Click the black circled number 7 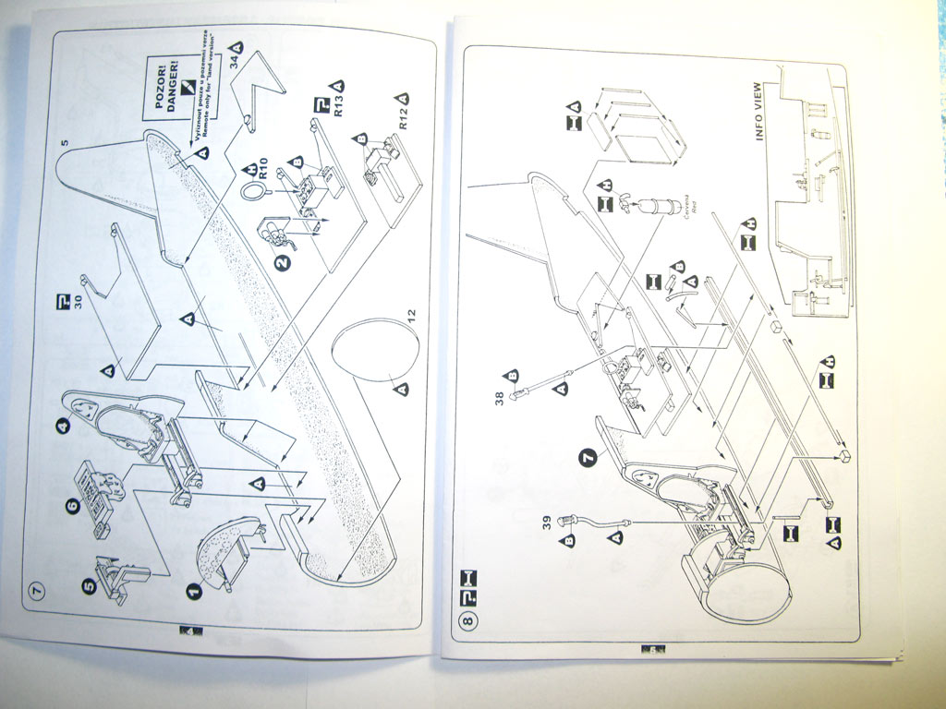click(x=586, y=454)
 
